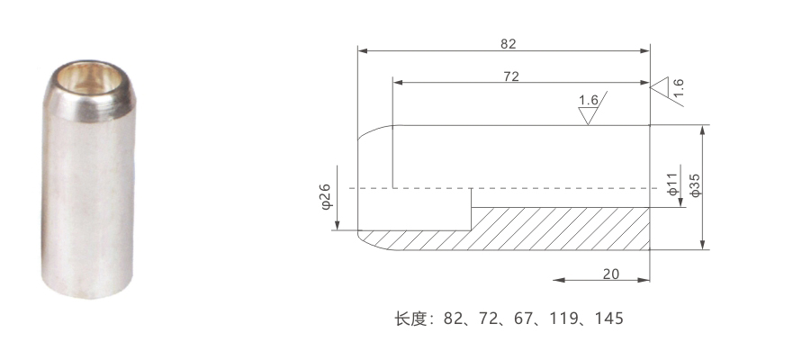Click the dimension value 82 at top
click(508, 44)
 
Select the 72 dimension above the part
click(511, 76)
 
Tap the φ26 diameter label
click(327, 196)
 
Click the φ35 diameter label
click(695, 185)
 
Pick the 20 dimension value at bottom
click(610, 274)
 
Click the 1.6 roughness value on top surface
click(588, 100)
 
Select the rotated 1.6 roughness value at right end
click(679, 87)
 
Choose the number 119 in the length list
click(563, 319)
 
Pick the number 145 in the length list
click(609, 319)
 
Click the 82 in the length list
click(453, 319)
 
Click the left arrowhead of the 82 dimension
click(363, 51)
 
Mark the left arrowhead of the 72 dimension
click(398, 82)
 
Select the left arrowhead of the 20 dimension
click(559, 280)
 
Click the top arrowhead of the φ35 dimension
click(703, 130)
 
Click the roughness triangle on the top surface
click(588, 116)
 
